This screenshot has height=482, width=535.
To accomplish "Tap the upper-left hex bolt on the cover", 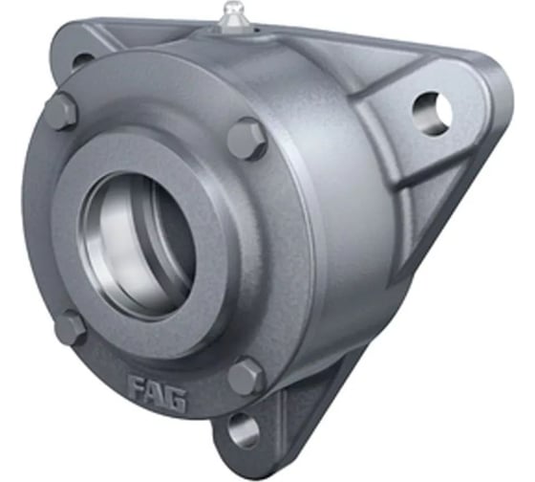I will (62, 112).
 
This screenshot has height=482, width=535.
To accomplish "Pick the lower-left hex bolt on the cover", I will (71, 327).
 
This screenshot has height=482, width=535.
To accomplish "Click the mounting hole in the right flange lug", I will (431, 113).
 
